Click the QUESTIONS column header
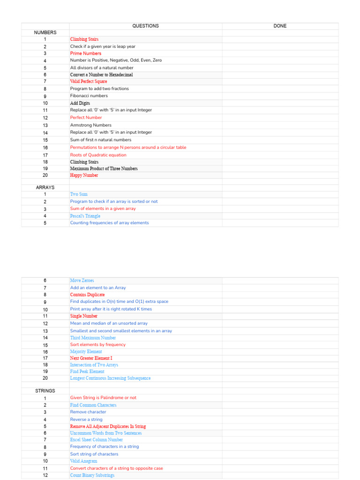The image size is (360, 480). tap(145, 26)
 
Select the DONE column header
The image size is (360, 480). tap(280, 26)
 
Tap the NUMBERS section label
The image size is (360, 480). tap(45, 33)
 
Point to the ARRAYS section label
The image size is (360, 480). tap(45, 187)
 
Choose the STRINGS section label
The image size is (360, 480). tap(45, 391)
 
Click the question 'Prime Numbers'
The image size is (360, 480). tap(85, 53)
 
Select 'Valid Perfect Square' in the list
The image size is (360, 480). tap(89, 82)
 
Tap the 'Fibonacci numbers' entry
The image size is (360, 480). tap(89, 96)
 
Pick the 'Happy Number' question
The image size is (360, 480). tap(84, 175)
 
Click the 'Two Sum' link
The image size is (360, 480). tap(79, 194)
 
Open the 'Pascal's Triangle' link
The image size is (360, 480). tap(85, 216)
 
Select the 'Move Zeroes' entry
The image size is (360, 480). tap(82, 281)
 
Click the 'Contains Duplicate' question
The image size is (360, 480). tap(87, 295)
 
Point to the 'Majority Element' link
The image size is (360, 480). tap(86, 352)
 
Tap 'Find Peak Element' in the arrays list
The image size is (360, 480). tap(87, 372)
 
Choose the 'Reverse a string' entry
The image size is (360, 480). tap(86, 420)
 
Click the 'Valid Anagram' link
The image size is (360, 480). tap(83, 461)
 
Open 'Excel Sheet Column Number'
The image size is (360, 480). tap(96, 440)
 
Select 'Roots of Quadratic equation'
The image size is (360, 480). tap(98, 155)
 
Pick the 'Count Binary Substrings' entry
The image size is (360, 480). tap(92, 475)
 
